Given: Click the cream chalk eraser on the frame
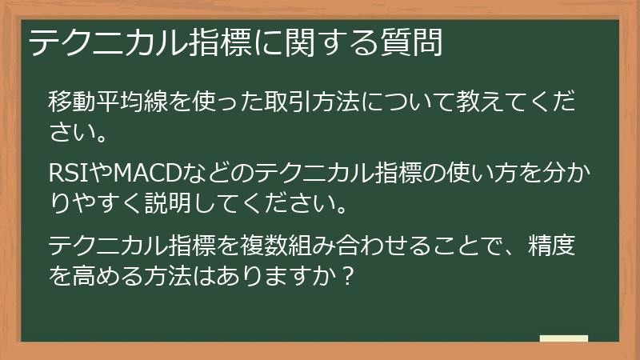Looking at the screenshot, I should coord(563,338).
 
